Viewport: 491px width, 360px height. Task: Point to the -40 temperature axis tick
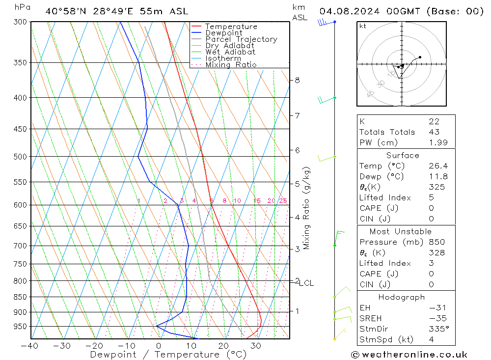point(30,346)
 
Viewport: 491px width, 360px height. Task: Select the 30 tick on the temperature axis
point(255,346)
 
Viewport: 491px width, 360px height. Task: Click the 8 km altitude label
point(298,80)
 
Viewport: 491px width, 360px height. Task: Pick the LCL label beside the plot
point(306,283)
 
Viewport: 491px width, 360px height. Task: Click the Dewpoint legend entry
point(223,33)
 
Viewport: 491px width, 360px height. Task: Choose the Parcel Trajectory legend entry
point(241,39)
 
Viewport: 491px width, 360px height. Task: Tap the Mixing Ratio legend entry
point(231,65)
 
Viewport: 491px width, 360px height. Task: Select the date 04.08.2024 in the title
point(350,11)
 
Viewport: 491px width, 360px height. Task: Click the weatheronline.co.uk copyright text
point(409,355)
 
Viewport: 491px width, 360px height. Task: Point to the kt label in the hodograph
point(363,26)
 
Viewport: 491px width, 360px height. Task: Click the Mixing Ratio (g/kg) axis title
point(307,208)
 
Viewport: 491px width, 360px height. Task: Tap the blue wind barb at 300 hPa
point(325,22)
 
